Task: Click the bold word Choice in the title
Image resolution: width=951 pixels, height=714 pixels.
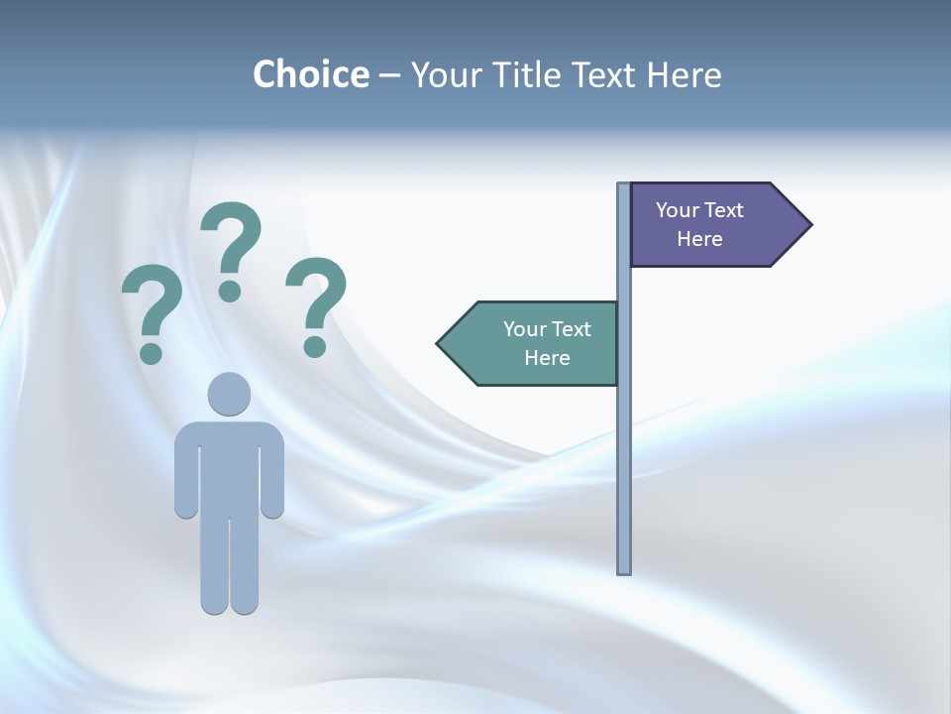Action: (310, 75)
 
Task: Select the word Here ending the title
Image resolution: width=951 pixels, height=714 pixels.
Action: (684, 75)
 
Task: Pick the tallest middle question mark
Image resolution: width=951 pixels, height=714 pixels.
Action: (232, 243)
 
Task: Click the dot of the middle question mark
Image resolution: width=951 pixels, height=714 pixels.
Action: (230, 291)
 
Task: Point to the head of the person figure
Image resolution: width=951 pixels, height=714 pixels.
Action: (229, 394)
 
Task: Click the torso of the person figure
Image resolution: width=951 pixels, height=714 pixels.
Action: (229, 466)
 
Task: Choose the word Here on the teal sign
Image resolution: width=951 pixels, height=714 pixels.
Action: (547, 358)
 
